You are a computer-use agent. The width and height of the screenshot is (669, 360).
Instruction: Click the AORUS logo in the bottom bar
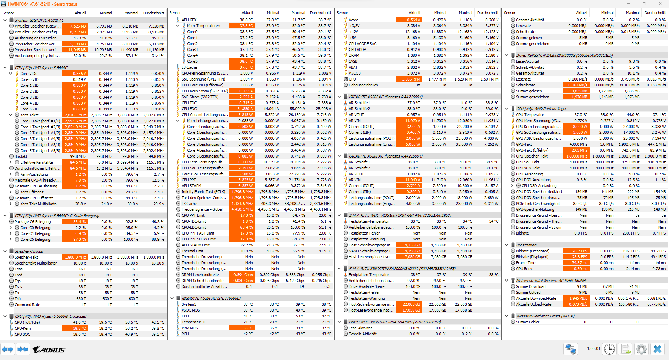click(x=49, y=350)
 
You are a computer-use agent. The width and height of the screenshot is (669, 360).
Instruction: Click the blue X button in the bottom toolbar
click(x=657, y=349)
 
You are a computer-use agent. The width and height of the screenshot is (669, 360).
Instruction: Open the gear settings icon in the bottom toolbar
click(x=641, y=349)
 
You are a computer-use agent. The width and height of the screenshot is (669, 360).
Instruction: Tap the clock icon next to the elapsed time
click(x=609, y=349)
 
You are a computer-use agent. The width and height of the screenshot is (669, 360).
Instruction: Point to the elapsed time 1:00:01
click(x=593, y=348)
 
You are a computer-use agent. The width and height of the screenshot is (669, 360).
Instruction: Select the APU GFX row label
click(x=189, y=20)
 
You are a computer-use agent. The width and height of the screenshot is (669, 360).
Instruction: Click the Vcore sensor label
click(x=353, y=20)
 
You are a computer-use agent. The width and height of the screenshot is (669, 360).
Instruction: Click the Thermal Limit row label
click(x=192, y=251)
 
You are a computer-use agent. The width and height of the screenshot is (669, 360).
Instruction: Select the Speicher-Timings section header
click(x=29, y=251)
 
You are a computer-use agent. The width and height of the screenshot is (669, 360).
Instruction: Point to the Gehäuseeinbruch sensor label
click(x=363, y=85)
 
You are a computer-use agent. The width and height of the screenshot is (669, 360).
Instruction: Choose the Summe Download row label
click(x=531, y=286)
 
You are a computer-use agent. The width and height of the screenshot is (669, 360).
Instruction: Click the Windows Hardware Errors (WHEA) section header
click(x=545, y=316)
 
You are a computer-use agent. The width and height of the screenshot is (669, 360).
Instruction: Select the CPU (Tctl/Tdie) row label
click(x=27, y=322)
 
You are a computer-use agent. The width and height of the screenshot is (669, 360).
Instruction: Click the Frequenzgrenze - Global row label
click(x=202, y=209)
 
